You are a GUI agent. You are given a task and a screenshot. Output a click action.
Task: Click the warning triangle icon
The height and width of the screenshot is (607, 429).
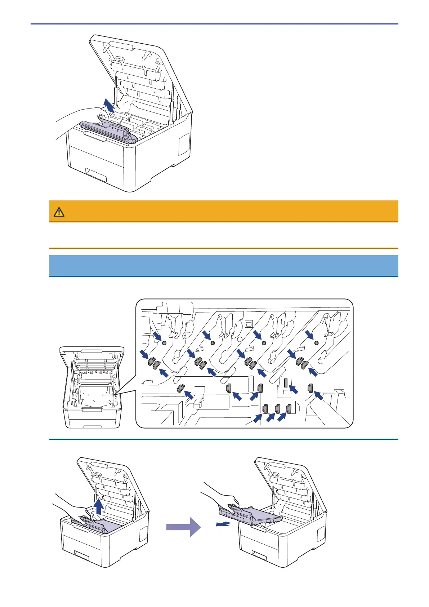coord(59,212)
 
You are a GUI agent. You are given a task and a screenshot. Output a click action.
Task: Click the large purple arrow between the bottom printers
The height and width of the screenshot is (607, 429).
coord(183,527)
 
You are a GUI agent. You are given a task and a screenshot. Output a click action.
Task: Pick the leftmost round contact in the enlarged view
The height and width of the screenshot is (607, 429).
coord(164,343)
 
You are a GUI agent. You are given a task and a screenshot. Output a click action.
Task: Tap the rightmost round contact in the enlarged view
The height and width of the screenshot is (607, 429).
coord(316,342)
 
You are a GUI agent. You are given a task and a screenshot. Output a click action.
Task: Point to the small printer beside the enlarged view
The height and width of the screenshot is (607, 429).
coord(93,387)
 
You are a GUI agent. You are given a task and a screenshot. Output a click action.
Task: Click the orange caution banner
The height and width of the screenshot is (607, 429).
coord(223,211)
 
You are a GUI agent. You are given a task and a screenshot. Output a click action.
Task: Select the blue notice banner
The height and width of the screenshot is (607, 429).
coord(223,266)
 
